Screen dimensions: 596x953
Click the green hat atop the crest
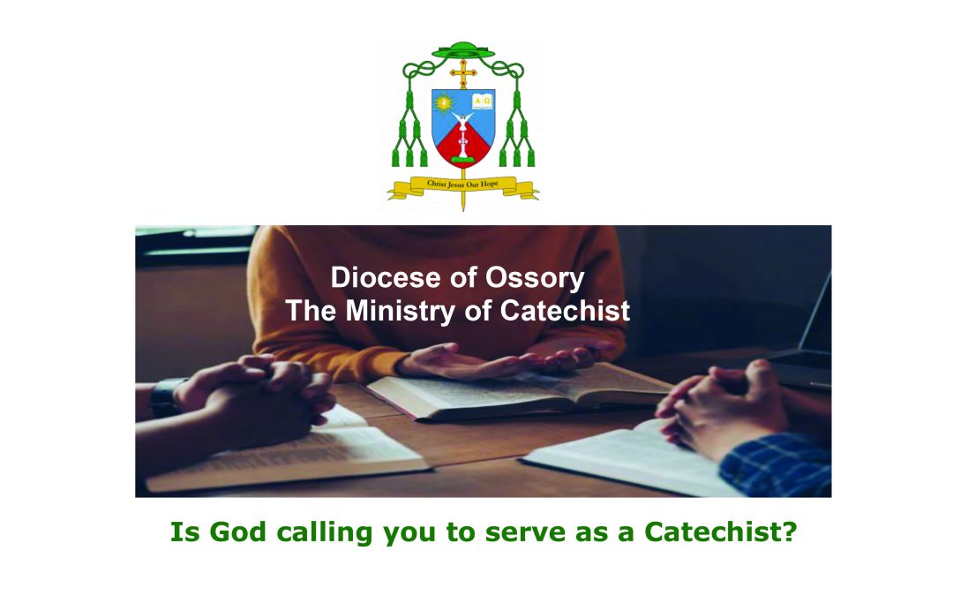coord(462,50)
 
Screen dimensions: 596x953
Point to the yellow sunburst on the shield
coord(445,102)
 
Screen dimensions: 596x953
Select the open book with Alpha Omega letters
coord(481,101)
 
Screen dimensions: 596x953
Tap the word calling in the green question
coord(317,534)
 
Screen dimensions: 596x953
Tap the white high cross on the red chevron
coord(462,141)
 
